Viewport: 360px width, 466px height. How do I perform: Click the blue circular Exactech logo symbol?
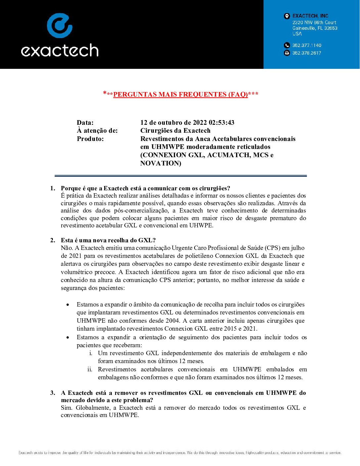tap(60, 25)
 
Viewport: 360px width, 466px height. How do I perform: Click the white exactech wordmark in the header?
tap(60, 50)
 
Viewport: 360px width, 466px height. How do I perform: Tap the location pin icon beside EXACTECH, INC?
tap(287, 16)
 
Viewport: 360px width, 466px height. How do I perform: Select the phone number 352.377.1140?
tap(307, 45)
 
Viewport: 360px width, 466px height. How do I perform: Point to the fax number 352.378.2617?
tap(307, 53)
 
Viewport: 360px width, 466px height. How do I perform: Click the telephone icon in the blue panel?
tap(287, 45)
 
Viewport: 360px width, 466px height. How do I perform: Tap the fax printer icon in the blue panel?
tap(287, 53)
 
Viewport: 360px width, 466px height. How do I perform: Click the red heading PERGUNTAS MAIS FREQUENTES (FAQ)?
tap(181, 94)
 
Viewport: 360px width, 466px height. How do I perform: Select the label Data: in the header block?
tap(85, 122)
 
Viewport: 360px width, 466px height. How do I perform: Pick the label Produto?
tap(90, 139)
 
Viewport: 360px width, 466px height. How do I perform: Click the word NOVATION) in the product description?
tap(160, 163)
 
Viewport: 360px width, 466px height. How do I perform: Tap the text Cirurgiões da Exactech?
tap(175, 130)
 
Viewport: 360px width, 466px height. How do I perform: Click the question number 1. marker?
tap(53, 188)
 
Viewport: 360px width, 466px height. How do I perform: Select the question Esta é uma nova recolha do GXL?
tap(108, 240)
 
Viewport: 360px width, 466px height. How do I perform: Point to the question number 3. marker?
tap(53, 393)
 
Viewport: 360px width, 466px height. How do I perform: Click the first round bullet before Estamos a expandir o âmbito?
tap(68, 305)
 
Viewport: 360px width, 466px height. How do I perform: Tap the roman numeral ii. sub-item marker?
tap(90, 369)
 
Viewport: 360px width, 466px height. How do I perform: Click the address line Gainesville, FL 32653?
tap(315, 28)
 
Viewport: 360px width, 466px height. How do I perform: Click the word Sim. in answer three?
tap(67, 408)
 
